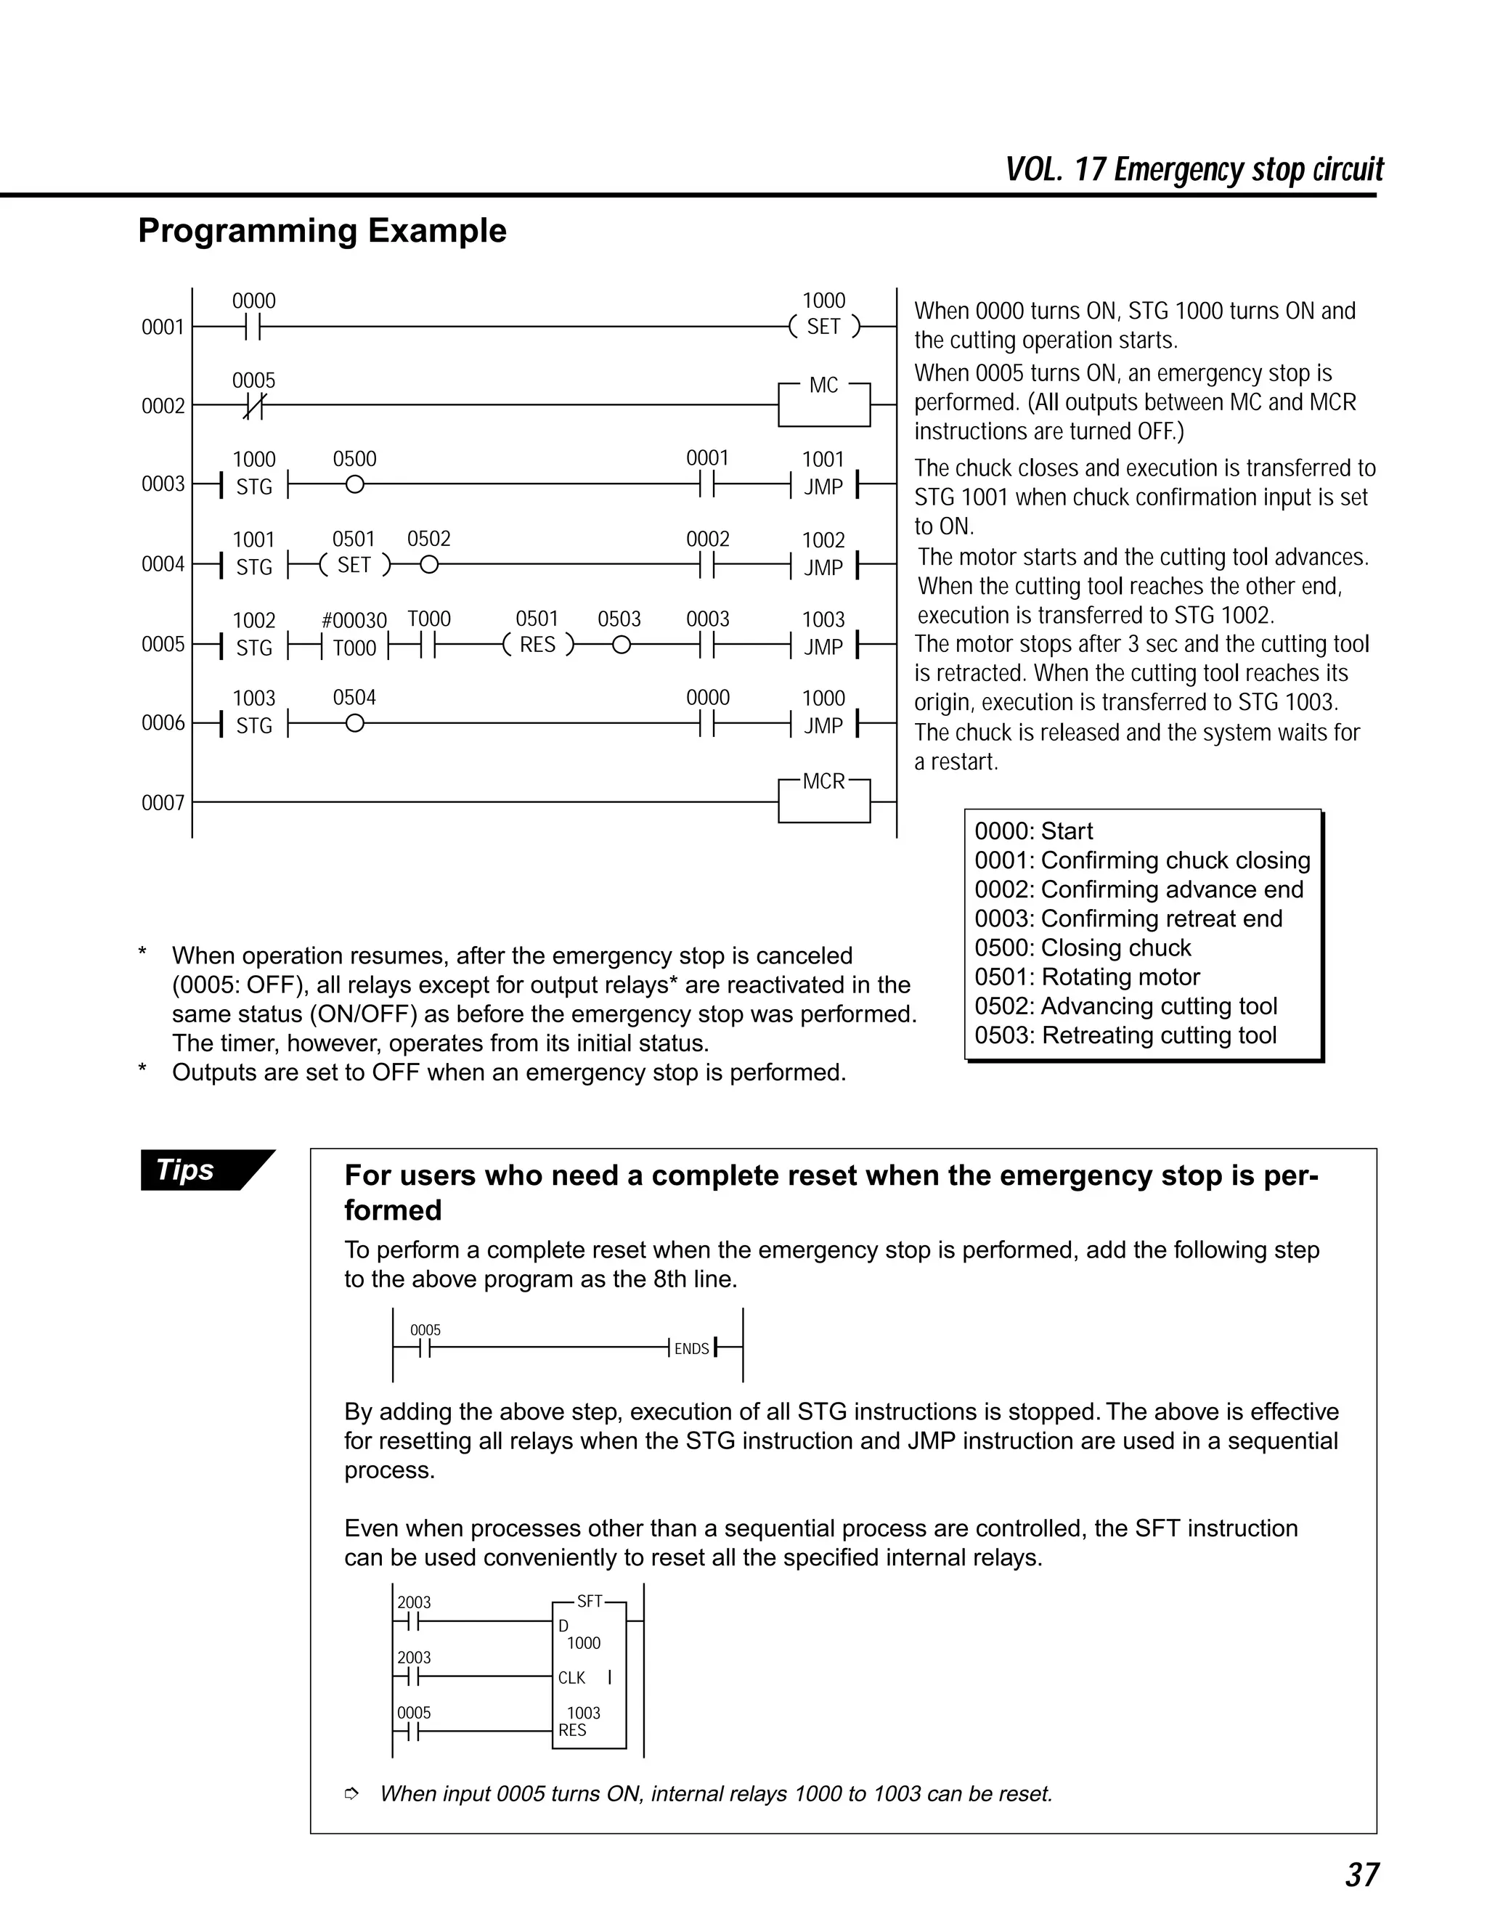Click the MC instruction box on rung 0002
[x=823, y=404]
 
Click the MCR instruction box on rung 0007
[x=823, y=800]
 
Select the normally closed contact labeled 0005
[x=253, y=405]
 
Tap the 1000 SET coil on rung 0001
[x=823, y=326]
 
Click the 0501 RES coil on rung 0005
[x=537, y=645]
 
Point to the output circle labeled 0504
[x=354, y=723]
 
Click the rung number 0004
[x=163, y=564]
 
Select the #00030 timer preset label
[x=354, y=620]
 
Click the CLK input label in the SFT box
[x=571, y=1678]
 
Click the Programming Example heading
[x=322, y=231]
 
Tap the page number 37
[x=1362, y=1875]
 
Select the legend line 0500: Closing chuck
[x=1083, y=948]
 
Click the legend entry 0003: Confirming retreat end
[x=1128, y=919]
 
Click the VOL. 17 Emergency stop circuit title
[x=1194, y=169]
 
